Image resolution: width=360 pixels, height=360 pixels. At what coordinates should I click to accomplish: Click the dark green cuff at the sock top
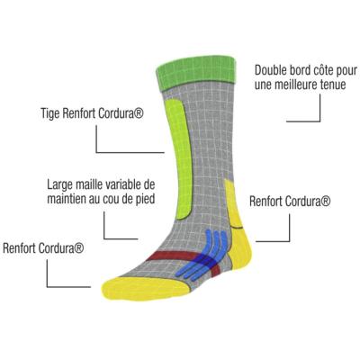[x=196, y=71]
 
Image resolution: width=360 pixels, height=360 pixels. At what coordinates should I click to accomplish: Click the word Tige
[x=50, y=114]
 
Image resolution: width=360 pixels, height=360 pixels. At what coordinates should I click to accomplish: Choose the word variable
[x=121, y=184]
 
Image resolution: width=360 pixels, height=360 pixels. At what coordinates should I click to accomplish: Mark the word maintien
[x=67, y=199]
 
